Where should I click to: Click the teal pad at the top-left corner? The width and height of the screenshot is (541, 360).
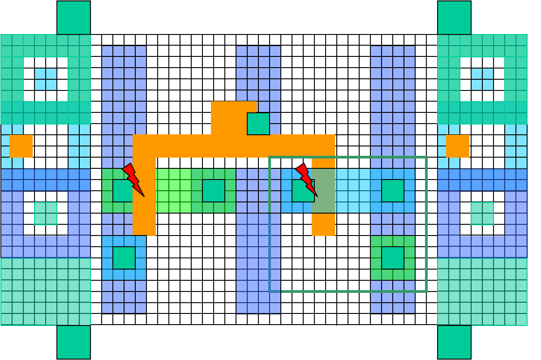73,17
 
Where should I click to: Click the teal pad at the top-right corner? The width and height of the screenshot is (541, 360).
454,17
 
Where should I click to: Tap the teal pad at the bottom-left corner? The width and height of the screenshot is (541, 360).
73,342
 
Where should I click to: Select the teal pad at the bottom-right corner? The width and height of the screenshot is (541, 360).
454,342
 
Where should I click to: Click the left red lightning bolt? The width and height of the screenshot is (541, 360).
133,180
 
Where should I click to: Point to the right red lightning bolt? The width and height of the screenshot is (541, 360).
306,180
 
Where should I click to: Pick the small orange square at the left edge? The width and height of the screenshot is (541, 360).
21,146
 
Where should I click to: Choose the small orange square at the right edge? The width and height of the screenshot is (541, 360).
458,146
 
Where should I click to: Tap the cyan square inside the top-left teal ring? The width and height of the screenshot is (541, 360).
46,79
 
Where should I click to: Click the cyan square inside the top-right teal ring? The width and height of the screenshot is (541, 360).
482,79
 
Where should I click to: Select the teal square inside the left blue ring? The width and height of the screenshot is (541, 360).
46,213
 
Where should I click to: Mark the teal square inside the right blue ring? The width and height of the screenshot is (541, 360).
482,213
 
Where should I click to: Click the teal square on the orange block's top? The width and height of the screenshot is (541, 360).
258,124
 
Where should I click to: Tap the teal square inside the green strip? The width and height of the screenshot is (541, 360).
214,191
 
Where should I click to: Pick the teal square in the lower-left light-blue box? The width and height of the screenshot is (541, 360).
124,258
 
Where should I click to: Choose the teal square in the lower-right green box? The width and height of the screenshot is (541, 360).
393,258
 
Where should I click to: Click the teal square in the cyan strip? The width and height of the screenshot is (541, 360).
393,191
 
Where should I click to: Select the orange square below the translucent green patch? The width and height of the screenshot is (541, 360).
323,224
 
